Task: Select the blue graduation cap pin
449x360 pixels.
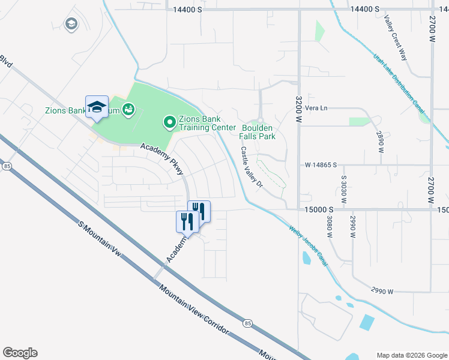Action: click(97, 107)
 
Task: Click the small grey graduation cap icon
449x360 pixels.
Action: click(71, 25)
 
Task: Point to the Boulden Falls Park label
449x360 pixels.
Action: click(258, 132)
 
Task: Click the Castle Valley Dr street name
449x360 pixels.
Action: click(252, 167)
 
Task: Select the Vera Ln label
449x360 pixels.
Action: click(316, 108)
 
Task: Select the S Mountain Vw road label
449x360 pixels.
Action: click(100, 239)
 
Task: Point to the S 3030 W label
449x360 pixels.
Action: click(345, 190)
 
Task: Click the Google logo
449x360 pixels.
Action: click(20, 353)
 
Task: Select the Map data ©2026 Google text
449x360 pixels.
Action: click(411, 355)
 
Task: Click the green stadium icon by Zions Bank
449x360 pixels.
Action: click(128, 109)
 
